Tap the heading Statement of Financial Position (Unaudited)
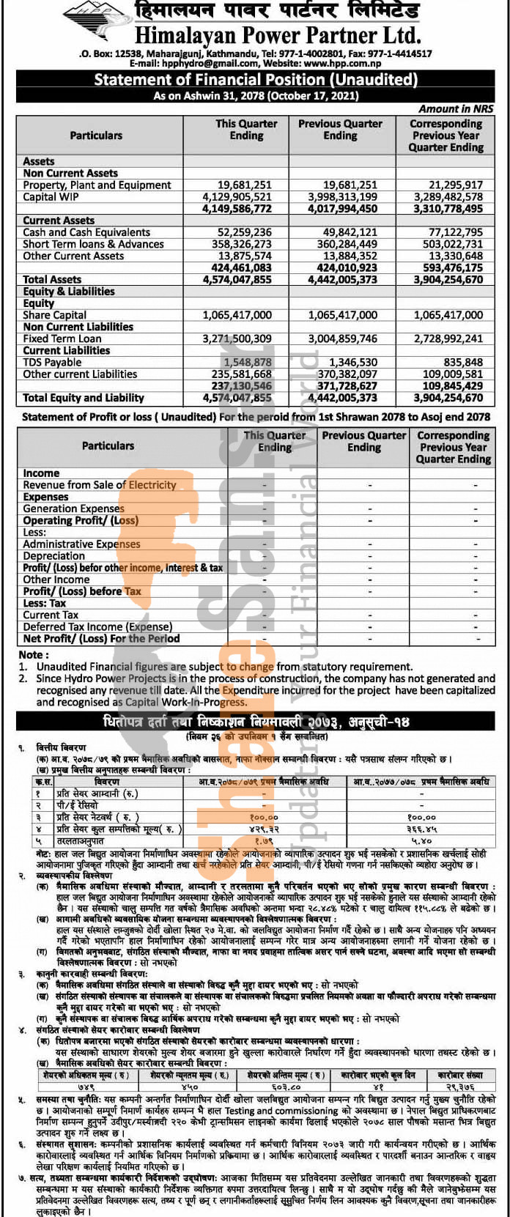click(x=255, y=80)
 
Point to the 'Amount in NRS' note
click(x=456, y=108)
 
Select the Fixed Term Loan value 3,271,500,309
click(x=237, y=339)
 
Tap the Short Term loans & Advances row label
click(x=93, y=244)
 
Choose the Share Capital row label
click(x=54, y=315)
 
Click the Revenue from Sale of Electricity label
click(x=99, y=485)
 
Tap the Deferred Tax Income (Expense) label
click(x=97, y=626)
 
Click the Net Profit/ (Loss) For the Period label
click(x=100, y=638)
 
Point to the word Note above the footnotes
click(x=32, y=654)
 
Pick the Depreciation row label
click(x=53, y=556)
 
